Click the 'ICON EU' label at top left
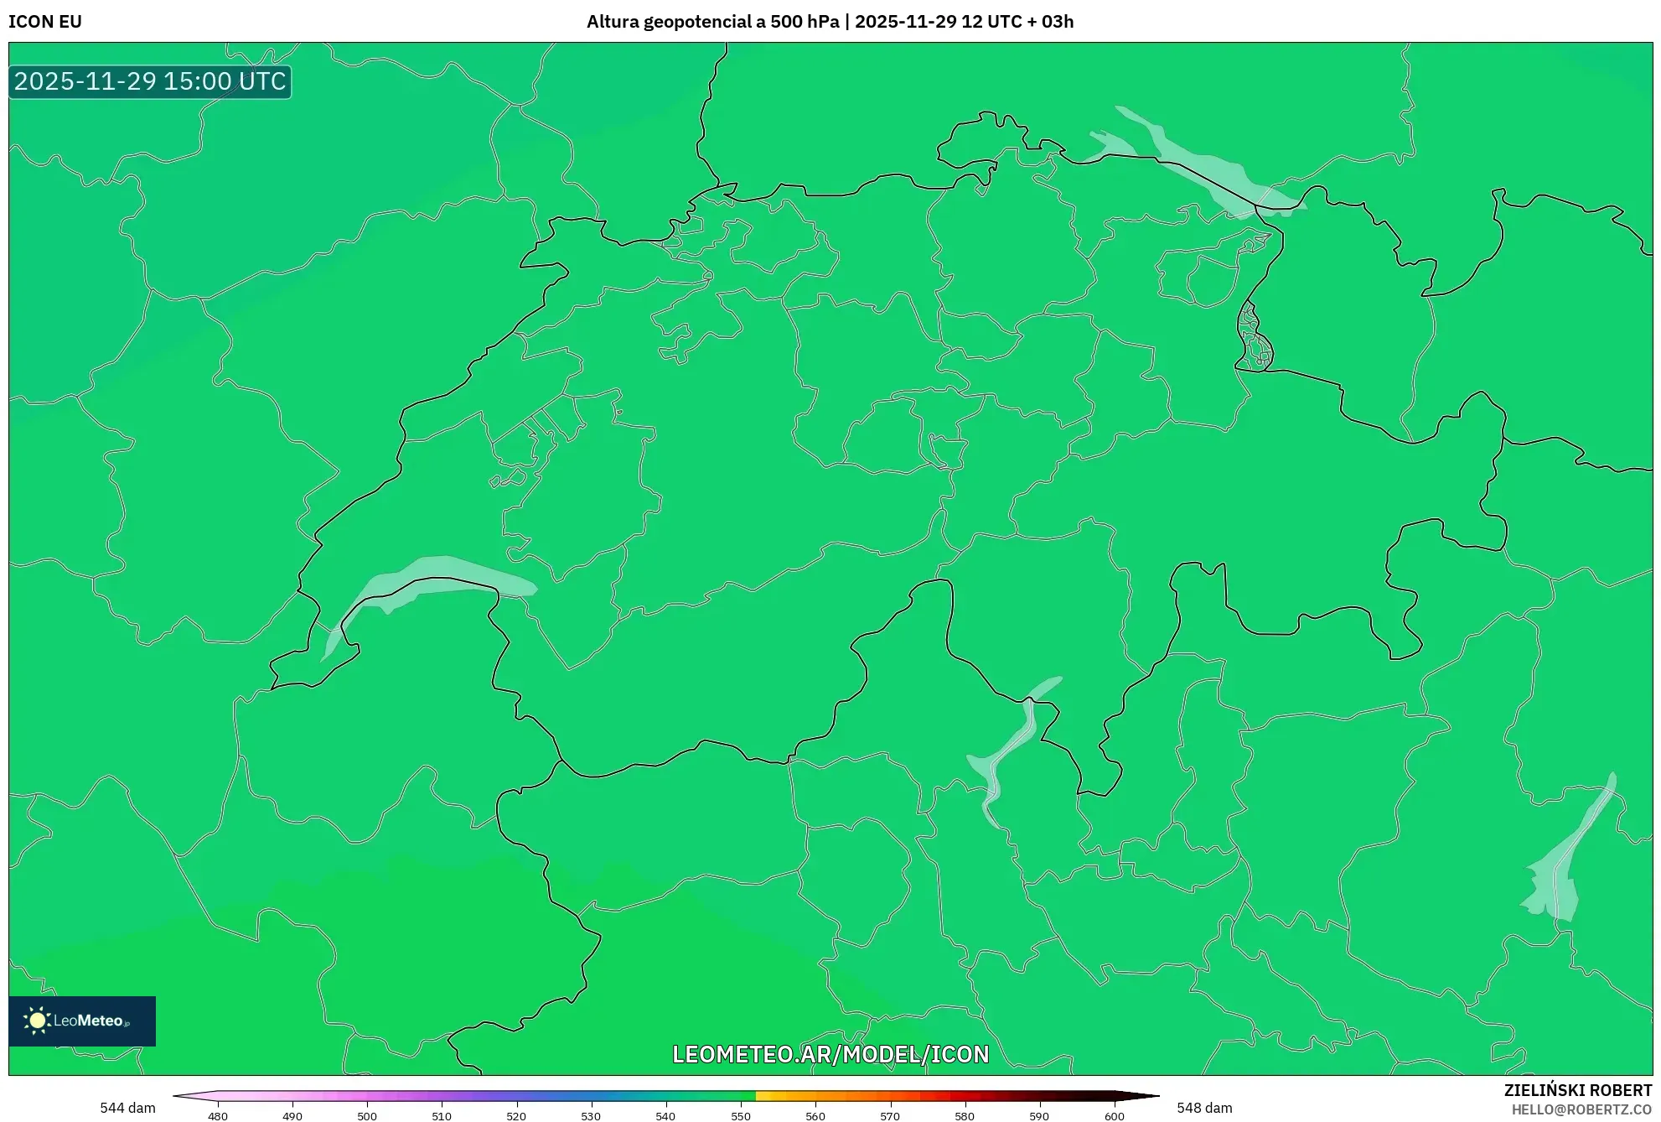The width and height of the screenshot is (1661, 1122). [x=45, y=22]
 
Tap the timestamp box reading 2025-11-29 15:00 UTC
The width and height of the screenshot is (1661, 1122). [x=150, y=81]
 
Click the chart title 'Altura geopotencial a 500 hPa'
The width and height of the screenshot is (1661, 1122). [x=712, y=22]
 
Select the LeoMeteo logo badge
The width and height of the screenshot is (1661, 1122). [x=82, y=1021]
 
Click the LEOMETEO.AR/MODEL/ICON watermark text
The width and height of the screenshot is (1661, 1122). [x=830, y=1054]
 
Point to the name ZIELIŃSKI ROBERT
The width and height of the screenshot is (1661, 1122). [x=1577, y=1090]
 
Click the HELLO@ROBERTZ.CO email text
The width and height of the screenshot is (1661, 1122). [x=1581, y=1109]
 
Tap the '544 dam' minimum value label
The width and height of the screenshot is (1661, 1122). [x=127, y=1108]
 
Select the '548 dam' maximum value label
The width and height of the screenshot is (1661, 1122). [x=1204, y=1108]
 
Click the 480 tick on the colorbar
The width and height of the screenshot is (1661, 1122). [x=218, y=1116]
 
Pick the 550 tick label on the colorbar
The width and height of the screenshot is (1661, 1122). [x=741, y=1116]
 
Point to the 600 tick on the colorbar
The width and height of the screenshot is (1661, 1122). [x=1114, y=1116]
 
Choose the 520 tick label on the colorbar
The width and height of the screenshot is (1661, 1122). [x=516, y=1116]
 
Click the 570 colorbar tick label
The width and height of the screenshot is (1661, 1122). [x=890, y=1116]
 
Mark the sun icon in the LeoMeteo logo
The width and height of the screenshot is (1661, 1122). [x=37, y=1021]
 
